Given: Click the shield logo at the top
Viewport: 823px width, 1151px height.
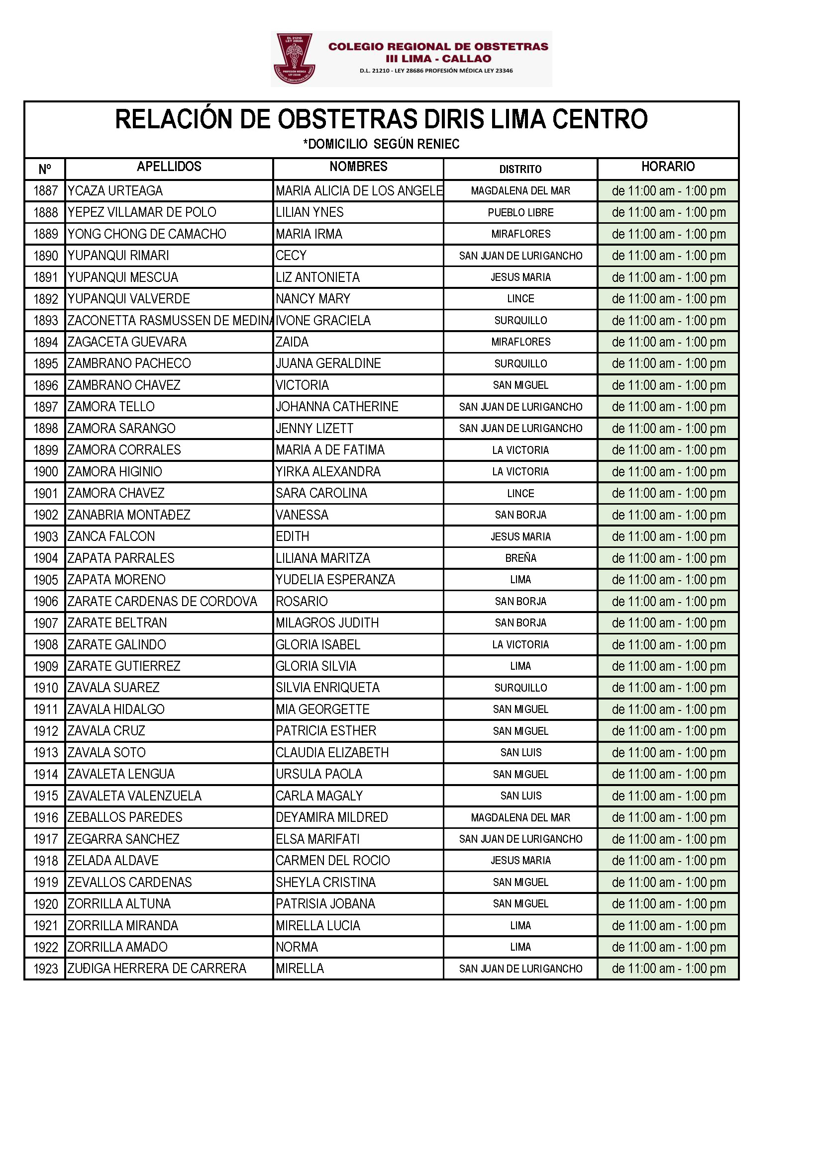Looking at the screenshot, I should (x=294, y=58).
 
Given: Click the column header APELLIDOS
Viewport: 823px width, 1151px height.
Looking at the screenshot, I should (x=169, y=167).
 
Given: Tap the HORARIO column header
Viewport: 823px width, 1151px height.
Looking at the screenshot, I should (x=667, y=167).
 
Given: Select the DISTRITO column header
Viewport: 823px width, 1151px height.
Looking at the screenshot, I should (x=520, y=169).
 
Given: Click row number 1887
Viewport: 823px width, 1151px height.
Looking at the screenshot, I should (x=46, y=191).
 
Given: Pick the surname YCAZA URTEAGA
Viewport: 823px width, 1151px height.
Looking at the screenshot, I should (x=115, y=191).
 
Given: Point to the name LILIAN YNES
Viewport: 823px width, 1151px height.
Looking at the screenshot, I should (x=309, y=212).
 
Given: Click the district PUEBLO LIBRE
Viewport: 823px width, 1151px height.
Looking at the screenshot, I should (x=520, y=213).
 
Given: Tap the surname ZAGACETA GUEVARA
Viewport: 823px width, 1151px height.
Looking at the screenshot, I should (x=127, y=342).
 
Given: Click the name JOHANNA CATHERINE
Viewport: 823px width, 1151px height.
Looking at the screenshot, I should (x=336, y=407).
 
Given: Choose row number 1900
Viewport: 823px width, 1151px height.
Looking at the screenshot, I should (x=46, y=472).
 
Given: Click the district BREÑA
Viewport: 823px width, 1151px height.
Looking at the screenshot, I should (x=520, y=558).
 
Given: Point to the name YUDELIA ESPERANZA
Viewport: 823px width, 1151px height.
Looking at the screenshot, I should (x=335, y=579).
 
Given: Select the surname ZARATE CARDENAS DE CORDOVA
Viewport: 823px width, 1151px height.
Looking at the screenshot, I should (x=162, y=601).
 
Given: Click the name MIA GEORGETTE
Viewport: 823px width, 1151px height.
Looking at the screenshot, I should (x=322, y=709).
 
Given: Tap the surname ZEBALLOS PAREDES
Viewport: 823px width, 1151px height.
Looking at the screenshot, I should (x=125, y=817).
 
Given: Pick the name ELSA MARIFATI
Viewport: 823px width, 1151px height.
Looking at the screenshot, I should (x=317, y=839).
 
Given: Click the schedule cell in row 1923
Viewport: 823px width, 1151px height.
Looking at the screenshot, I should (x=668, y=969).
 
